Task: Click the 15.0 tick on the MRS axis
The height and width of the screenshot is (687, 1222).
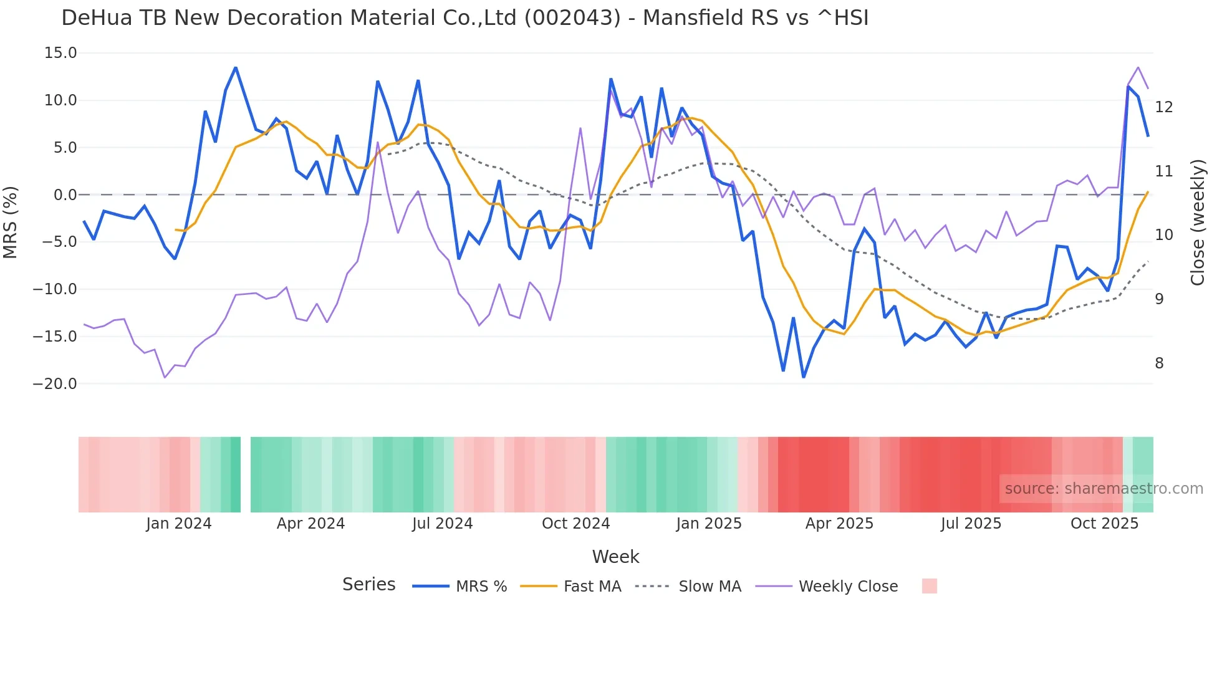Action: [x=60, y=53]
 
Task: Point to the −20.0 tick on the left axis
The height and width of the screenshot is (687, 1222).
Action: [x=55, y=384]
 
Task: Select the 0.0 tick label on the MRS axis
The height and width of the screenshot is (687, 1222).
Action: [x=65, y=195]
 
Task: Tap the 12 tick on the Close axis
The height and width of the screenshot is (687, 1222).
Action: [x=1163, y=107]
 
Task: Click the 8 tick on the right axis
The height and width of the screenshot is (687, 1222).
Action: [x=1159, y=363]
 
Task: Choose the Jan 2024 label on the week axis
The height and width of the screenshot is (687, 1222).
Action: [x=179, y=524]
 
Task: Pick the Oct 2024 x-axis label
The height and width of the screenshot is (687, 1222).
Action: [x=575, y=524]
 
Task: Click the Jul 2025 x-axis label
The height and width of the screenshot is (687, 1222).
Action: [x=971, y=524]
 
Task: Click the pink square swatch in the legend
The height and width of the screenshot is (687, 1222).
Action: [x=929, y=586]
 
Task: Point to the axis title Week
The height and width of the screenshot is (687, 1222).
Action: [x=615, y=557]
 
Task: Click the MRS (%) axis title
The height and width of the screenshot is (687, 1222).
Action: [x=11, y=222]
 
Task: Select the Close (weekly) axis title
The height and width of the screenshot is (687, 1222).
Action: [x=1198, y=223]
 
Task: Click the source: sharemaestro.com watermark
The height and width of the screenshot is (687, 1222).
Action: [x=1104, y=489]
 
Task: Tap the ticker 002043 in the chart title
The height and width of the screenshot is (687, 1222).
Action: [x=572, y=18]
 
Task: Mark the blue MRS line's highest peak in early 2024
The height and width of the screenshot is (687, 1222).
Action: [x=236, y=67]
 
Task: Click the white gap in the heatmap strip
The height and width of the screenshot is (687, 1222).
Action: [x=246, y=474]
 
